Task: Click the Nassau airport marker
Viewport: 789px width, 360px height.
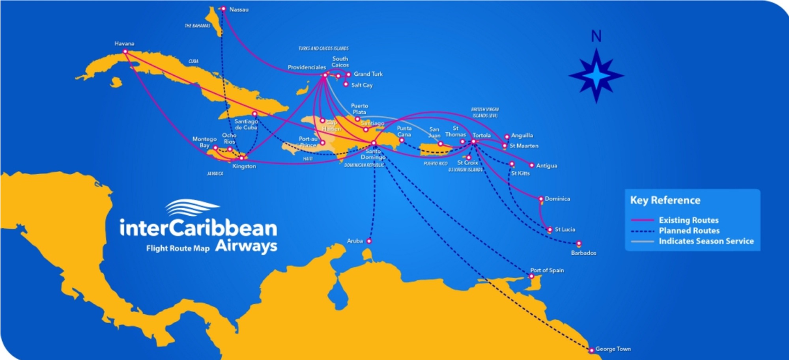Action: [223, 9]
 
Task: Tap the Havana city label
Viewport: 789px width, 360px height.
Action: [124, 43]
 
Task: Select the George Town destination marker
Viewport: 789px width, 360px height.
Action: [591, 350]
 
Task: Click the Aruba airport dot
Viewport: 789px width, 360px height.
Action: [369, 241]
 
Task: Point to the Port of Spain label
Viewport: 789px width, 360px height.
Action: [547, 270]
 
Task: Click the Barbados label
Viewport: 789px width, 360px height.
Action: [583, 253]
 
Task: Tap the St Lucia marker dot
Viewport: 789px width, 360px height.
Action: [550, 229]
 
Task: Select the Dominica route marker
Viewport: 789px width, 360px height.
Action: [541, 199]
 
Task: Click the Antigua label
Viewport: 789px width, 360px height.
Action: [546, 166]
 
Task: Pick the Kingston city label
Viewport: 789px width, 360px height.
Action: [244, 166]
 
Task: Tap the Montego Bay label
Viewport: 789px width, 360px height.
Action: [204, 142]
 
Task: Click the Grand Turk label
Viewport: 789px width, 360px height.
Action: [368, 74]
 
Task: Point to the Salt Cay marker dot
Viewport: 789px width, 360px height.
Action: [346, 84]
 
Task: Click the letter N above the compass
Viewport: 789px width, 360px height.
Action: [596, 36]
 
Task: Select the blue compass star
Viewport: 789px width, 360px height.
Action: [596, 76]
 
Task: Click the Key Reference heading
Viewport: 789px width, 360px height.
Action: [665, 200]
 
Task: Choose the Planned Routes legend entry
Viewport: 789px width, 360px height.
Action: [689, 231]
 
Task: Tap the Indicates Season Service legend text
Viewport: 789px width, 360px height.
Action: [706, 241]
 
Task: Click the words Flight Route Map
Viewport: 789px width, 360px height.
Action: [178, 248]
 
